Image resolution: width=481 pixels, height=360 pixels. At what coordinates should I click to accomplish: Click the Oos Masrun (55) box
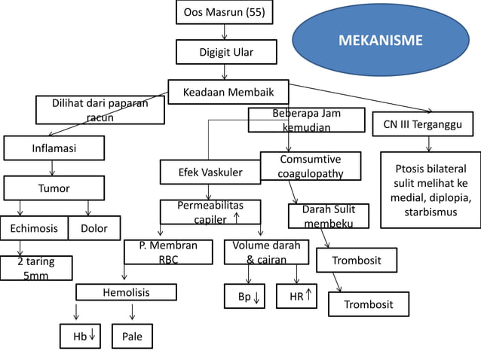pyautogui.click(x=224, y=12)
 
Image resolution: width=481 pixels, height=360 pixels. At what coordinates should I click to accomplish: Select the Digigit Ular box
pyautogui.click(x=225, y=52)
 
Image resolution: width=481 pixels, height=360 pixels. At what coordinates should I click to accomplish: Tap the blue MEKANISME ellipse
pyautogui.click(x=380, y=40)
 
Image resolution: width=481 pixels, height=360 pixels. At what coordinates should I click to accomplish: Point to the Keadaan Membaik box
pyautogui.click(x=228, y=92)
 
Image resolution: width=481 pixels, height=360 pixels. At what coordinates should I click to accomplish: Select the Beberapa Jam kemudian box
pyautogui.click(x=307, y=121)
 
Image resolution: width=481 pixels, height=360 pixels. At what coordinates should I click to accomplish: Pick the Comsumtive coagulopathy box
pyautogui.click(x=310, y=166)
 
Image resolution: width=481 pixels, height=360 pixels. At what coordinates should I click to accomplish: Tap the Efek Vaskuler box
pyautogui.click(x=210, y=172)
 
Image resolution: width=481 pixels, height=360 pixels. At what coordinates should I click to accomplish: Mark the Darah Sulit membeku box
pyautogui.click(x=329, y=216)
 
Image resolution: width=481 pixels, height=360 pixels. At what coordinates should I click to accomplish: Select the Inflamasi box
pyautogui.click(x=54, y=148)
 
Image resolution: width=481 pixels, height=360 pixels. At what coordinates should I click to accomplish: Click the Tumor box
pyautogui.click(x=54, y=188)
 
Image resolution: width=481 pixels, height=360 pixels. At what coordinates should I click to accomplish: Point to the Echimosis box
pyautogui.click(x=33, y=228)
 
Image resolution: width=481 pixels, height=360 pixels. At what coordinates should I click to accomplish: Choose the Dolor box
pyautogui.click(x=93, y=228)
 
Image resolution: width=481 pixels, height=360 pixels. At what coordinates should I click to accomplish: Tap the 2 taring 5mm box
pyautogui.click(x=35, y=268)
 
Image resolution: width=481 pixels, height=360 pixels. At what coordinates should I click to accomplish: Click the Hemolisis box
pyautogui.click(x=126, y=292)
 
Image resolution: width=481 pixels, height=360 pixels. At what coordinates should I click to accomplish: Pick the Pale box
pyautogui.click(x=132, y=337)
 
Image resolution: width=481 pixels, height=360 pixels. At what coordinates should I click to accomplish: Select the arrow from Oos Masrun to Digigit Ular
pyautogui.click(x=225, y=32)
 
